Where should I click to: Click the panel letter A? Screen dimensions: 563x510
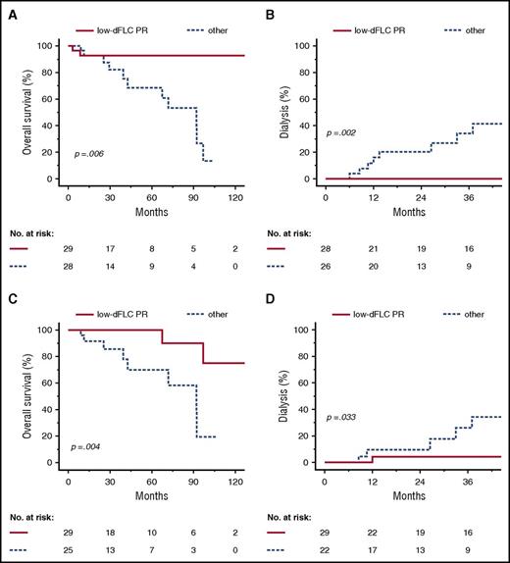pos(9,9)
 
